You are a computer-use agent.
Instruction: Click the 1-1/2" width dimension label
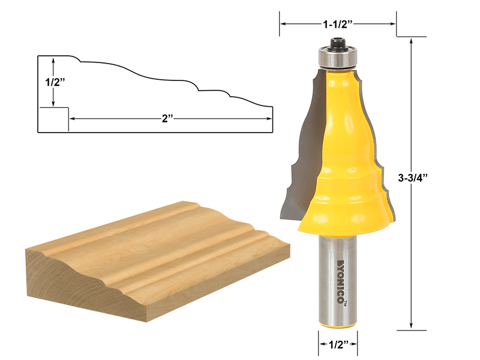point(338,24)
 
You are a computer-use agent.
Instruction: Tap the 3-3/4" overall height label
point(412,178)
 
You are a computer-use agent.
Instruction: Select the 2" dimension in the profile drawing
point(167,118)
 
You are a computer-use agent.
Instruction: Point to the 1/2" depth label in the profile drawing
point(55,82)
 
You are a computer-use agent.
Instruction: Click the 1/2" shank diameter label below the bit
point(338,344)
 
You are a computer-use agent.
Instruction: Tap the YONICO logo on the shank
point(340,281)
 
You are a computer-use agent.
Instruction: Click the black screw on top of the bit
point(338,43)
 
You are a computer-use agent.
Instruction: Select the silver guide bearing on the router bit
point(338,57)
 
